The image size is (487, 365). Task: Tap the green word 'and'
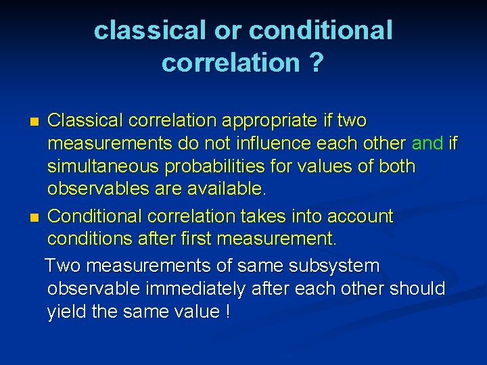(x=427, y=143)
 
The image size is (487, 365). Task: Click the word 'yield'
(x=66, y=312)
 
